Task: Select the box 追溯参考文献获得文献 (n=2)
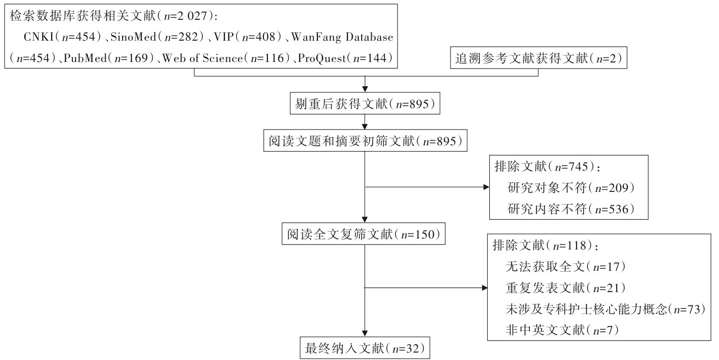(538, 59)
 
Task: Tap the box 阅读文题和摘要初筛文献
(365, 141)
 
